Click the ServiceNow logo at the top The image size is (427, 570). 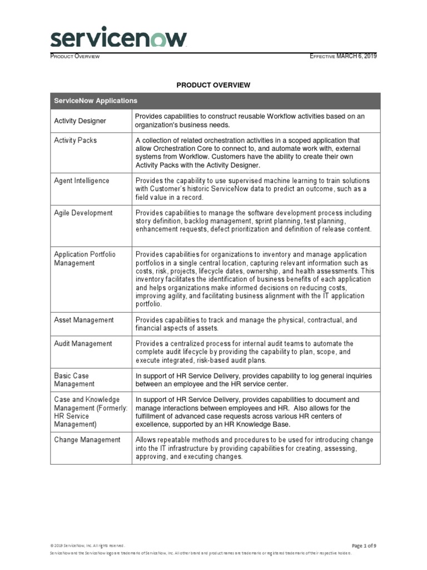pos(118,38)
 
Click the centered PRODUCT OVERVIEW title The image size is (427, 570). pos(213,85)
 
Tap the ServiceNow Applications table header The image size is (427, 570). pos(95,101)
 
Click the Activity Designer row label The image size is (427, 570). pos(80,121)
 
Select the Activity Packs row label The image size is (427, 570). pos(75,140)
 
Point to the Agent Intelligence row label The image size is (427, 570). pos(82,181)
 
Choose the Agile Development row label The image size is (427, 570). pos(83,213)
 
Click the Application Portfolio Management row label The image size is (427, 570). pos(85,258)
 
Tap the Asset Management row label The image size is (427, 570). pos(83,320)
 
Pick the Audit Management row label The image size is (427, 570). pos(83,343)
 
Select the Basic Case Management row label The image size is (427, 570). pos(75,380)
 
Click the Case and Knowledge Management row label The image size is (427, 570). pos(91,412)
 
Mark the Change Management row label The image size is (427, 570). pos(87,440)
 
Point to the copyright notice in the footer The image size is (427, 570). pos(87,546)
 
